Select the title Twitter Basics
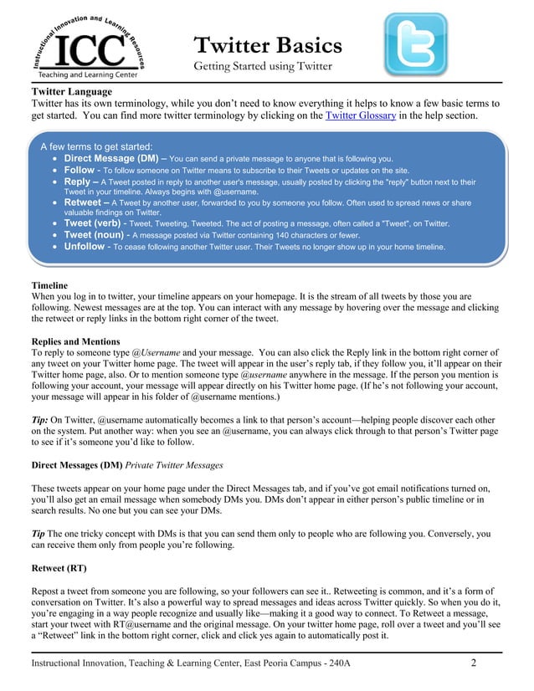click(x=268, y=44)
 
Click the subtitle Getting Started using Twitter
click(x=263, y=66)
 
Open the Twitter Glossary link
click(x=360, y=115)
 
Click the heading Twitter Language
click(x=71, y=90)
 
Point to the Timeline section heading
click(x=49, y=284)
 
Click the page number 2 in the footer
click(x=473, y=664)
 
